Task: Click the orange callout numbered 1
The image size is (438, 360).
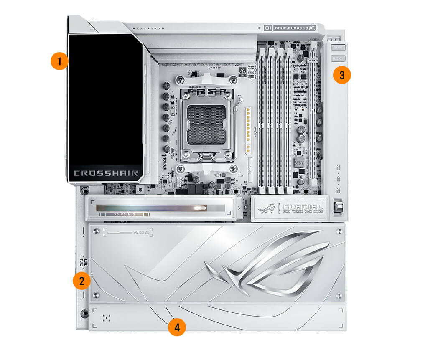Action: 59,61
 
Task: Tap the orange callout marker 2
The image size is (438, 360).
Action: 81,281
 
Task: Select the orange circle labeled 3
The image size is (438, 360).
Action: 342,75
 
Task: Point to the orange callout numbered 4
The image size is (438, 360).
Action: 177,327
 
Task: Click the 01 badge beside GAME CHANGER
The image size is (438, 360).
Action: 268,28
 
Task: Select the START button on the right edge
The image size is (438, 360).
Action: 338,48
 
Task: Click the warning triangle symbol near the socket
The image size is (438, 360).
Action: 241,71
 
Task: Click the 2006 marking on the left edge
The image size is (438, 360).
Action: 84,263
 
